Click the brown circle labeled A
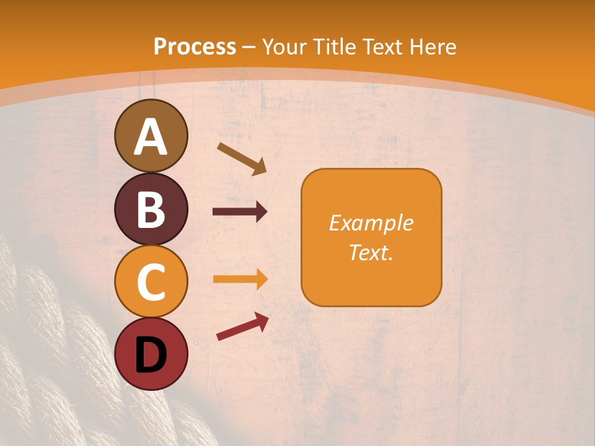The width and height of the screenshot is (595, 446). coord(151,136)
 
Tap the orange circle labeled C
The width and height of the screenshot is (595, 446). coord(151,281)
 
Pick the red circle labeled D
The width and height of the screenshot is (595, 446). coord(151,354)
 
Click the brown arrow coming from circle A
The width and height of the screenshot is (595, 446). coord(242,159)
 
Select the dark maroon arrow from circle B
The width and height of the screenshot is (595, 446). coord(240,212)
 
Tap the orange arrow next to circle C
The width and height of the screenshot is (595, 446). coord(240,279)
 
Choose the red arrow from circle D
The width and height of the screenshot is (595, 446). coord(242,326)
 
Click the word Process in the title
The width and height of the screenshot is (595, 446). coord(195,46)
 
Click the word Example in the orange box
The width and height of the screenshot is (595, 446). coord(371,223)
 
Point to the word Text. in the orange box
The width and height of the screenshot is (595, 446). coord(371,252)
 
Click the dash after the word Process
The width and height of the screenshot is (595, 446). coord(249,48)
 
